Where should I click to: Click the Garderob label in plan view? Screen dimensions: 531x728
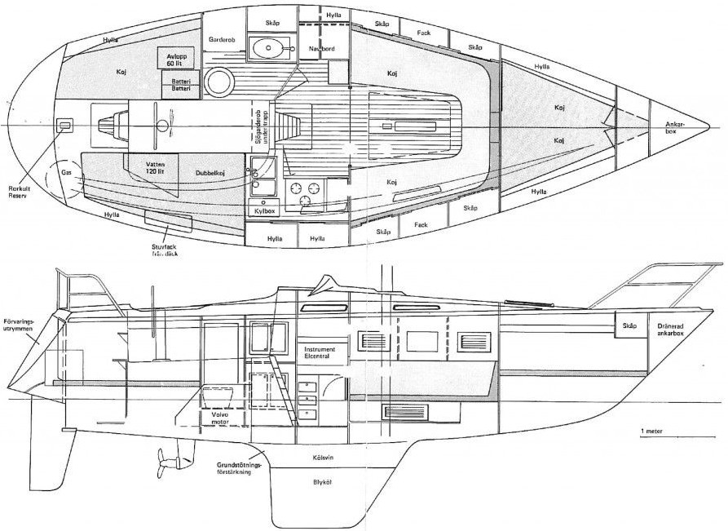coord(222,39)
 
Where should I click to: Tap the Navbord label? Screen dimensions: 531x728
coord(323,48)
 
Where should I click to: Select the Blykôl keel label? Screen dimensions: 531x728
coord(322,482)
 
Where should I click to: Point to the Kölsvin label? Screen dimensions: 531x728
coord(324,458)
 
